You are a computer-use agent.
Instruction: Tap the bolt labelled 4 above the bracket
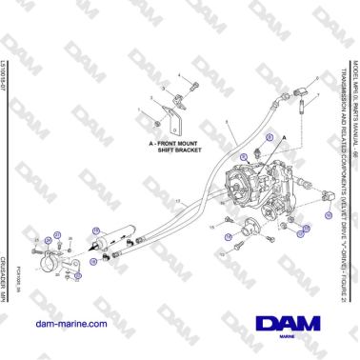(x=191, y=87)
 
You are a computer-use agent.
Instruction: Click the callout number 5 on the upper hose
(x=226, y=125)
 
